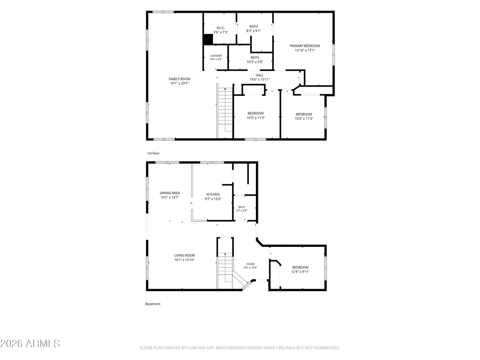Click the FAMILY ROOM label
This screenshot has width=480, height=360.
179,79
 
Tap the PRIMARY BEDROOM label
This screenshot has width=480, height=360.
304,46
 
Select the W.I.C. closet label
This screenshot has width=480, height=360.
220,28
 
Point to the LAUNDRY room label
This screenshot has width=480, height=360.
216,56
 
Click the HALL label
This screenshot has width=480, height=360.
259,75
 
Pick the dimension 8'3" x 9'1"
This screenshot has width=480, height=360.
253,31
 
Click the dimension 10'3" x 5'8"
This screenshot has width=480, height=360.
255,62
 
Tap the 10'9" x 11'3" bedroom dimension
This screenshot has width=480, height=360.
256,118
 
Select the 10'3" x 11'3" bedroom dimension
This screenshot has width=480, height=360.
304,119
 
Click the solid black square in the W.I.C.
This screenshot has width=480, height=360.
208,39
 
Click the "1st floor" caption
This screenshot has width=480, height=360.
153,153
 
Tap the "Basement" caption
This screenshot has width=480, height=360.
153,304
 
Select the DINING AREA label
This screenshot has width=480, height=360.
170,193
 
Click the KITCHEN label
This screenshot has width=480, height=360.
213,194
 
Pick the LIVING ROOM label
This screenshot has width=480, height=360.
184,255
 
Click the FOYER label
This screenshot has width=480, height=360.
250,264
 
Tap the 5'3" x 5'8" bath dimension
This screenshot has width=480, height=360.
241,211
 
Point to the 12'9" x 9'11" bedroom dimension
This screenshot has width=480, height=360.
300,272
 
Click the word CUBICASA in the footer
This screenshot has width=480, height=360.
196,348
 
